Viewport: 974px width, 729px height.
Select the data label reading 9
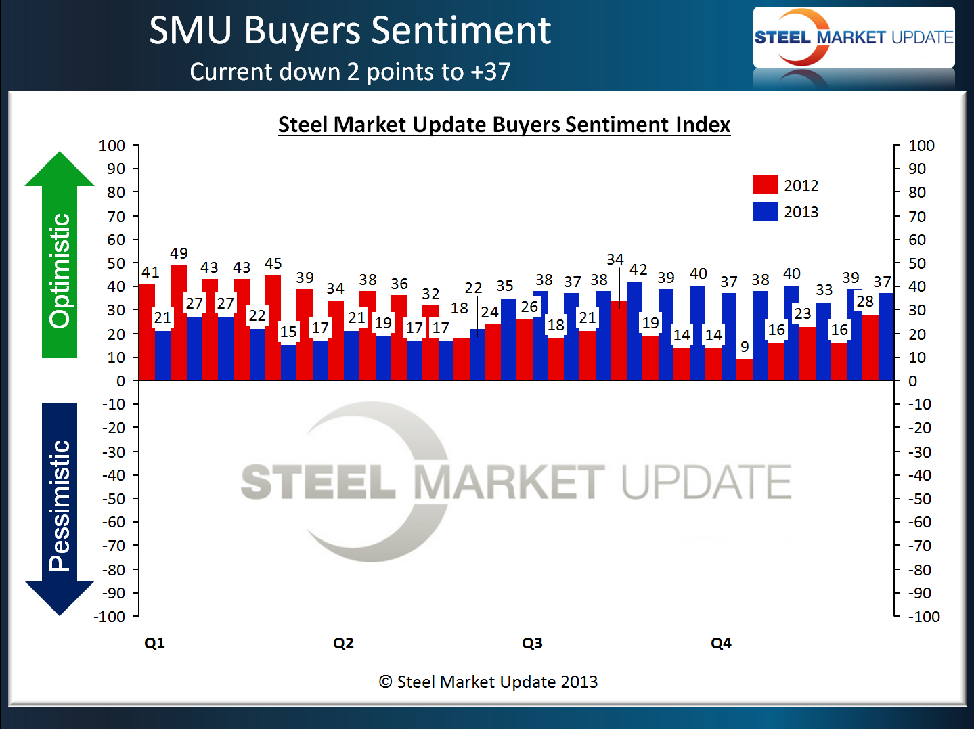point(745,347)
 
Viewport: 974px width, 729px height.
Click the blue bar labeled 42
point(635,331)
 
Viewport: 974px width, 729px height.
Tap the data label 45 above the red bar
point(273,263)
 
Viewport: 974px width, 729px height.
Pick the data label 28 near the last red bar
point(865,302)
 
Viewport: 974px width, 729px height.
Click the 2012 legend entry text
point(801,185)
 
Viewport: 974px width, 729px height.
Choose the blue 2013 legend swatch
point(766,211)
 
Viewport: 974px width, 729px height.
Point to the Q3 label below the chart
point(532,643)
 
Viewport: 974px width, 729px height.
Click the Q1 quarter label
point(154,643)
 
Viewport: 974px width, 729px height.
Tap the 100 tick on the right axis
point(921,146)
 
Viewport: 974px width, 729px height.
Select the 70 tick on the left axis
point(116,217)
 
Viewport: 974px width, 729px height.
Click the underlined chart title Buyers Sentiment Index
point(504,125)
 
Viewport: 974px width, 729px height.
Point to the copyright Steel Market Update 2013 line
point(488,682)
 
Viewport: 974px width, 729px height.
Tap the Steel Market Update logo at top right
point(854,37)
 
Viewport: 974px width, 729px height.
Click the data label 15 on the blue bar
point(288,332)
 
